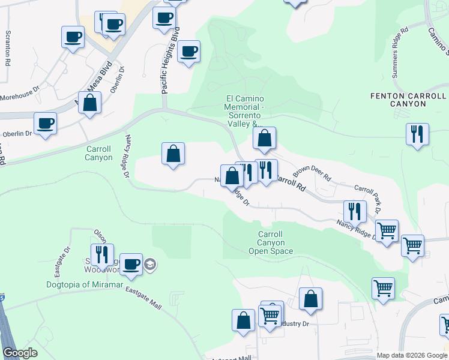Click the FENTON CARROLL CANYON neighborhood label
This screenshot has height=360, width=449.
408,100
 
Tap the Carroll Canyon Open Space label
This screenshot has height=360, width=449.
271,242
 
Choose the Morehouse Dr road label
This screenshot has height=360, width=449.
19,96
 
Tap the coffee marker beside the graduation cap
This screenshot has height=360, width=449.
131,263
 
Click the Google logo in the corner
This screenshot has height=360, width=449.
20,353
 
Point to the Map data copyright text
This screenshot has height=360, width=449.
412,355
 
